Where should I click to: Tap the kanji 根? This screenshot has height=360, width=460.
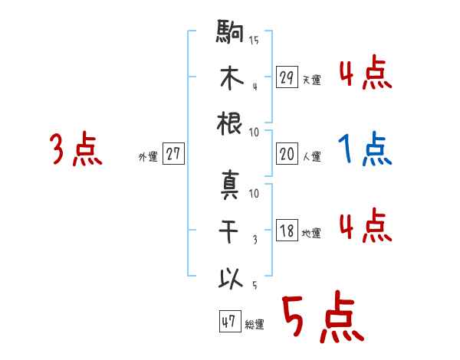(x=230, y=124)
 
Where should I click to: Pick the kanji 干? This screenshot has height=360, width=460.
(x=230, y=232)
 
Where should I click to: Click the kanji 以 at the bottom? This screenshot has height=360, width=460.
(x=230, y=277)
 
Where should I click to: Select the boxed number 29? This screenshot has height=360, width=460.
(x=287, y=77)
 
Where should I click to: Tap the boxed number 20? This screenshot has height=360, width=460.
(x=287, y=154)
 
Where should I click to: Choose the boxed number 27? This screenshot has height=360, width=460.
(x=173, y=154)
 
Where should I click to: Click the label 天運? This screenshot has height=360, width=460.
(x=311, y=80)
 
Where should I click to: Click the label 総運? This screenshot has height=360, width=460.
(x=255, y=325)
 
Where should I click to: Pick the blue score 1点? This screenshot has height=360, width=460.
(x=365, y=149)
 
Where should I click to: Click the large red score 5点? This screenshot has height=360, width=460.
(x=322, y=320)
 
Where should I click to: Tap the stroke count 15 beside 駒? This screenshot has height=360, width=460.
(x=254, y=40)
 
